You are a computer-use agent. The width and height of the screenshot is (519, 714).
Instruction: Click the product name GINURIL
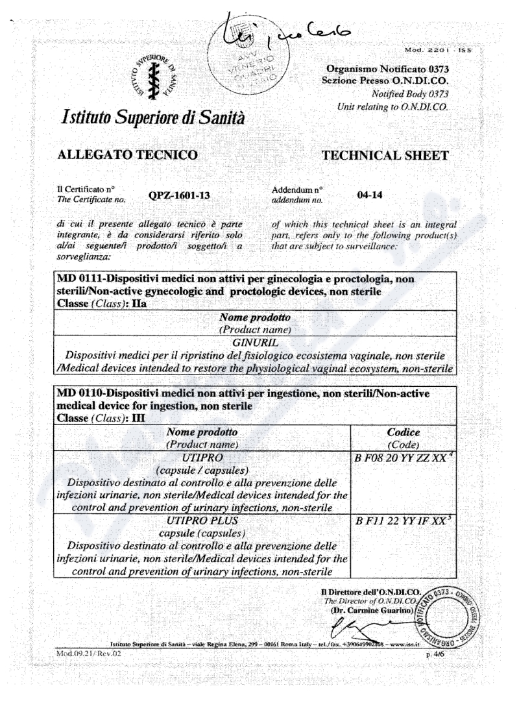click(x=259, y=341)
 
